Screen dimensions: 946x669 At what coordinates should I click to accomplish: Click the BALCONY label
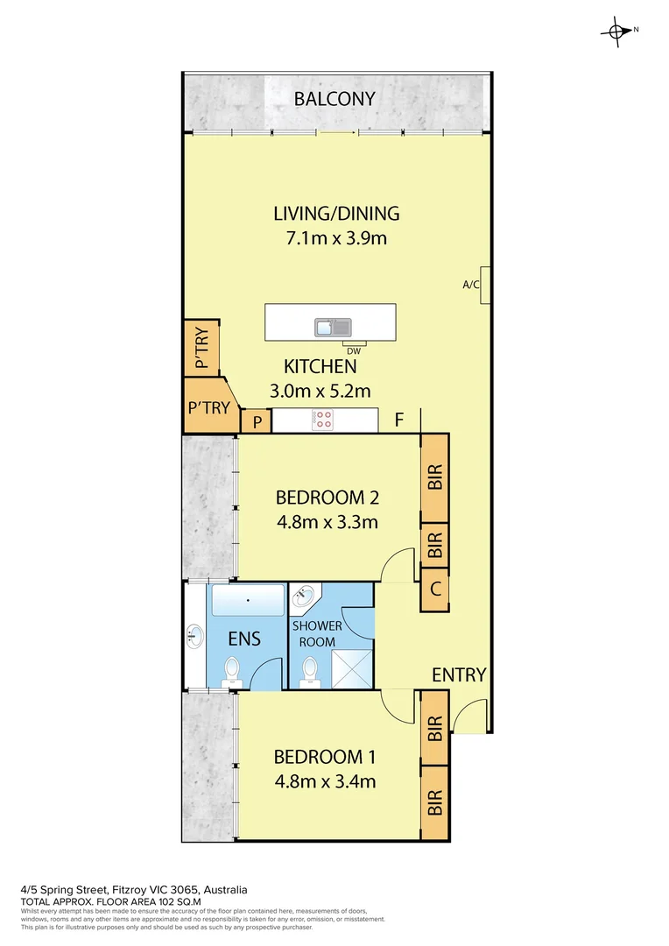pyautogui.click(x=334, y=99)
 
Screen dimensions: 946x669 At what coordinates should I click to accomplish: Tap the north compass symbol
pyautogui.click(x=618, y=31)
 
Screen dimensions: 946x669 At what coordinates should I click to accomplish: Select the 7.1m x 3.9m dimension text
pyautogui.click(x=336, y=238)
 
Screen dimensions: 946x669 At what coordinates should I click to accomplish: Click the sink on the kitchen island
pyautogui.click(x=333, y=328)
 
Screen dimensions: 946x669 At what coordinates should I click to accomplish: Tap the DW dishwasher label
pyautogui.click(x=354, y=350)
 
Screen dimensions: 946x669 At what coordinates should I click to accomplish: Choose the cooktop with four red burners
pyautogui.click(x=323, y=420)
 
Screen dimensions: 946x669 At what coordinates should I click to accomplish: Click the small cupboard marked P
pyautogui.click(x=257, y=422)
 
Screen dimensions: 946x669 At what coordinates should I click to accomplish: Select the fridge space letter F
pyautogui.click(x=398, y=420)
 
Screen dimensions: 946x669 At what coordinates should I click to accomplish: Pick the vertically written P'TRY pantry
pyautogui.click(x=201, y=349)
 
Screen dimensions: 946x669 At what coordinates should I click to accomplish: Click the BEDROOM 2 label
pyautogui.click(x=327, y=498)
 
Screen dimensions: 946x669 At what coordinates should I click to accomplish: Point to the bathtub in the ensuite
pyautogui.click(x=249, y=602)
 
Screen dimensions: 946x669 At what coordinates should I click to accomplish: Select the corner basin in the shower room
pyautogui.click(x=304, y=598)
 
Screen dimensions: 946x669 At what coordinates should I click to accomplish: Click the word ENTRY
pyautogui.click(x=459, y=674)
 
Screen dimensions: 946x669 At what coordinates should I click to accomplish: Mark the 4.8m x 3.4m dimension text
pyautogui.click(x=326, y=781)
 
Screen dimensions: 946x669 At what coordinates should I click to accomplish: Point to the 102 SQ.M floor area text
pyautogui.click(x=172, y=900)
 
